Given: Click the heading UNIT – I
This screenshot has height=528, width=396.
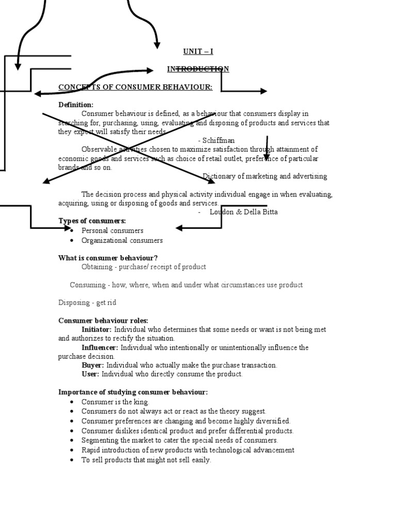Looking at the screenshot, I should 198,51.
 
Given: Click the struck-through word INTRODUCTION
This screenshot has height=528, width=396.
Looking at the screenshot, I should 198,69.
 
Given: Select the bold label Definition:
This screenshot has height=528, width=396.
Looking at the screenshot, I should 76,105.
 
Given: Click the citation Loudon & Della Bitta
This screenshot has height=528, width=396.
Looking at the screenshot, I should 243,212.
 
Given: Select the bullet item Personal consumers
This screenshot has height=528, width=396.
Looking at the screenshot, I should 112,230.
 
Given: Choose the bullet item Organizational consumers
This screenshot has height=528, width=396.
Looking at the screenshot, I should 122,240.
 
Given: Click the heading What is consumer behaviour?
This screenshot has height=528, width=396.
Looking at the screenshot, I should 108,258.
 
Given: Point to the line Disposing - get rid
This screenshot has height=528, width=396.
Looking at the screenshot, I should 87,303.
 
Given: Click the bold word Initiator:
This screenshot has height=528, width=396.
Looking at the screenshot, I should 96,329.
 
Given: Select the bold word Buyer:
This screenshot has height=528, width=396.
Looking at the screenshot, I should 93,365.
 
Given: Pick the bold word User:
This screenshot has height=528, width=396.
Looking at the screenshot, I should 90,374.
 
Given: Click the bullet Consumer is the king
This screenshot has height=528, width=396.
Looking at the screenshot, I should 114,402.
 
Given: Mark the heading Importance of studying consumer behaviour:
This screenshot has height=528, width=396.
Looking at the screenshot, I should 133,392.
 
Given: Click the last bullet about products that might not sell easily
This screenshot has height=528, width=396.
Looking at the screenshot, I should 146,460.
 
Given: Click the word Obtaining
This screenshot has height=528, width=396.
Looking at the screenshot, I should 97,267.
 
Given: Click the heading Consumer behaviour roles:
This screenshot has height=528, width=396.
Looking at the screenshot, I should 103,321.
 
